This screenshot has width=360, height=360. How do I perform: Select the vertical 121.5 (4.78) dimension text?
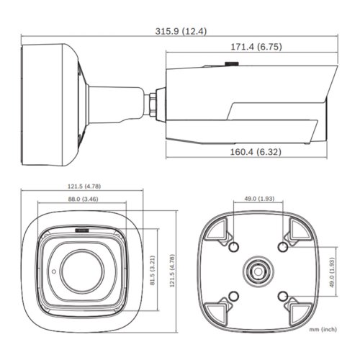171,269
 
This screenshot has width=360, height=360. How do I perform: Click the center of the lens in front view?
80,268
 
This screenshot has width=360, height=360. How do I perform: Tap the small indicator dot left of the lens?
52,271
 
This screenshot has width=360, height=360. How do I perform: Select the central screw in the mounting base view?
256,271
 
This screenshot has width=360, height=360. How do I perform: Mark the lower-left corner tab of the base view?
217,310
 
